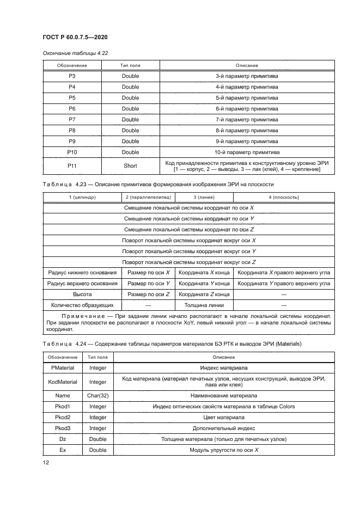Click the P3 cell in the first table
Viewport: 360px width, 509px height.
tap(71, 76)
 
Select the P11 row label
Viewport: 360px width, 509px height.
tap(71, 166)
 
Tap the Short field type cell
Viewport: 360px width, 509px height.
tap(130, 166)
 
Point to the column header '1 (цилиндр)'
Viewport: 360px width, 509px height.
tap(82, 197)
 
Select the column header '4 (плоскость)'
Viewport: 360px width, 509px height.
tap(283, 197)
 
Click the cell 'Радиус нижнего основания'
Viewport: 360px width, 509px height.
tap(82, 273)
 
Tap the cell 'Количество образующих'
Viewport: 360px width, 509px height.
tap(82, 305)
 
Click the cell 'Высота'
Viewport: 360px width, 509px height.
tap(82, 295)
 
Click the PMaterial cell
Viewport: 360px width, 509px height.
tap(62, 369)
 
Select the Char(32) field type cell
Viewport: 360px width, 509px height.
tap(98, 395)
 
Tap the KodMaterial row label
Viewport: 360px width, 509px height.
tap(62, 382)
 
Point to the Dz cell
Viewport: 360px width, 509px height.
tap(62, 439)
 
